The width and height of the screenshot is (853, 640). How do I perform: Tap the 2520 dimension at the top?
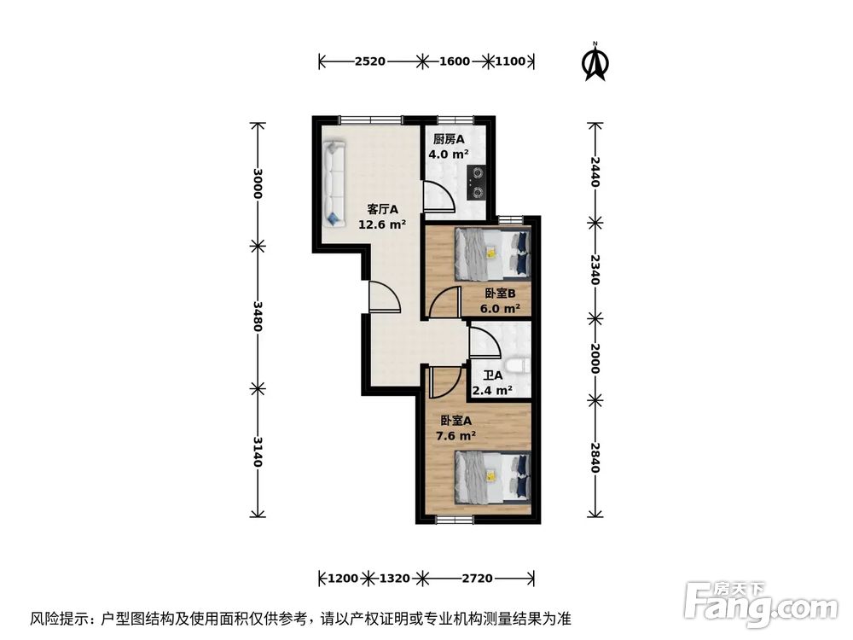(x=370, y=61)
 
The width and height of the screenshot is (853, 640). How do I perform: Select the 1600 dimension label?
(x=455, y=61)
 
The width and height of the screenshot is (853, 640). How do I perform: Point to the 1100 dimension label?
(x=511, y=61)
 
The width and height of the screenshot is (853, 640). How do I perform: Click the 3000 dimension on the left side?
(x=255, y=182)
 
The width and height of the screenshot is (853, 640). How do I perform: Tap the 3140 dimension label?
(x=255, y=451)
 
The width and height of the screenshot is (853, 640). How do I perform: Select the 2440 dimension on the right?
(x=595, y=172)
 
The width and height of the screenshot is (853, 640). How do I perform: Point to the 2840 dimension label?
(x=595, y=457)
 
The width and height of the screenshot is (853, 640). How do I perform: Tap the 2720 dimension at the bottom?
(x=477, y=579)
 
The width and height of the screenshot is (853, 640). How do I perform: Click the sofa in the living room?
(x=334, y=185)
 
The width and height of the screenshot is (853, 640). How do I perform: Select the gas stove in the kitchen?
(x=476, y=179)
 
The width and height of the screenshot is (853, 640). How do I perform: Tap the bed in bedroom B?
(x=491, y=253)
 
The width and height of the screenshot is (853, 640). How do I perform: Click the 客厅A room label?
(x=382, y=209)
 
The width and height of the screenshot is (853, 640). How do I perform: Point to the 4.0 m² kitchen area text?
(x=449, y=154)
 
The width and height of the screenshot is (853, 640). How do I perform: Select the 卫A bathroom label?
(x=492, y=375)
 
